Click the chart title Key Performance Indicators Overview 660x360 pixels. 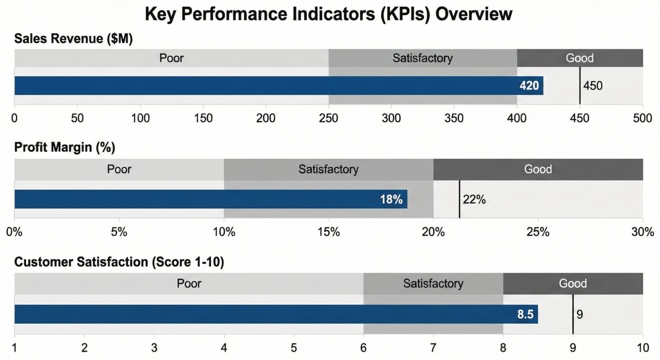point(329,14)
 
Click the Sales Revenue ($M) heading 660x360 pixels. point(74,39)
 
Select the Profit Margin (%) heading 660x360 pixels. point(64,148)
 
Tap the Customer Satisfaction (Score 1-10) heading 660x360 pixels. point(119,262)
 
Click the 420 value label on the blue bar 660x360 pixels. point(529,86)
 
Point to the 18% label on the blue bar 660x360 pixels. point(391,200)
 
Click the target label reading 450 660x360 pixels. point(592,86)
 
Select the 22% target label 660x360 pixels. point(474,199)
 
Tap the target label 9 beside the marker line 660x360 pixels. point(580,314)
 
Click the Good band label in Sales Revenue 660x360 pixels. point(580,58)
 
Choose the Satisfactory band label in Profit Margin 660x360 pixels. point(328,169)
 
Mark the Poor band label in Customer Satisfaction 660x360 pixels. point(189,283)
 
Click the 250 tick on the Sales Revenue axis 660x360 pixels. point(328,118)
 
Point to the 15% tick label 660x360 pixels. point(328,232)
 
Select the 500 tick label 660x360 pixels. point(642,118)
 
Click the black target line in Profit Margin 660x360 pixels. point(459,199)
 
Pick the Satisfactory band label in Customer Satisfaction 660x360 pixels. point(433,283)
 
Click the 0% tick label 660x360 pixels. point(14,232)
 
